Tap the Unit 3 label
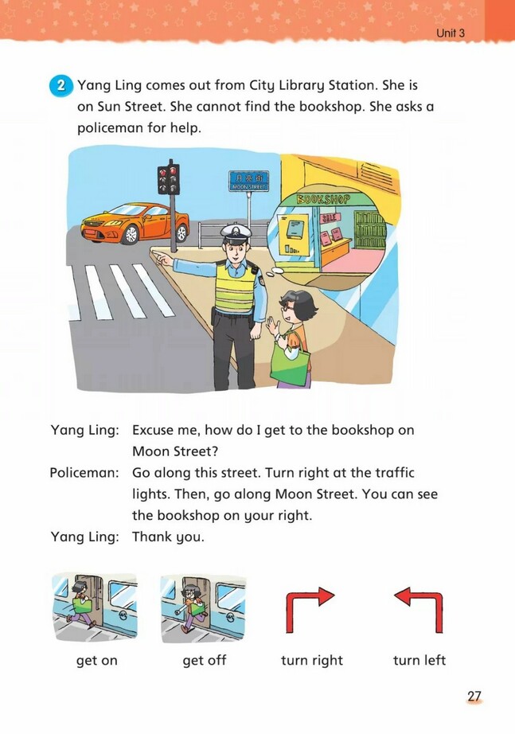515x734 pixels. click(x=451, y=33)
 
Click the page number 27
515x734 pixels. click(x=474, y=697)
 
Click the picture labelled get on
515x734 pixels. click(x=94, y=604)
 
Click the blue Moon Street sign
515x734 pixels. click(x=248, y=180)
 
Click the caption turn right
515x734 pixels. click(x=312, y=660)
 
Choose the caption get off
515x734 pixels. click(x=205, y=660)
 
